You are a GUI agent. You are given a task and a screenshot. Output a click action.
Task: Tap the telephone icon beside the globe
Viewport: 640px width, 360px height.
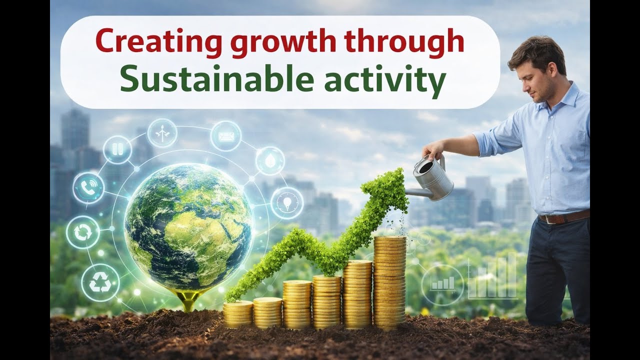(x=88, y=188)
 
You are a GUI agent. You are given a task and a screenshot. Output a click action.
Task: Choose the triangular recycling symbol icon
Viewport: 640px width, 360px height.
(x=100, y=283)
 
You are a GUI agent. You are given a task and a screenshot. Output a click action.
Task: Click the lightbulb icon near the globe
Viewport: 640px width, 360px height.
(x=287, y=203)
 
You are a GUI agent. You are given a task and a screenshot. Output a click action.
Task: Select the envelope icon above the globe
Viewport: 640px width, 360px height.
(x=225, y=136)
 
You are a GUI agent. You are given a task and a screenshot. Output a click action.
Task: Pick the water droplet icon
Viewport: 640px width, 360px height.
(x=270, y=160)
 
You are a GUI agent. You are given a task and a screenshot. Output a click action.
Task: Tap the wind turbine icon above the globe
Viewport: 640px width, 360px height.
(x=162, y=133)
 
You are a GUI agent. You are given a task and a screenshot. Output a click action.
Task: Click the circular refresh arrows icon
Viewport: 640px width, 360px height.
(x=83, y=232)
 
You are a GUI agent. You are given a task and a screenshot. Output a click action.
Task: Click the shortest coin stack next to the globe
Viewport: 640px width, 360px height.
(x=237, y=313)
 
